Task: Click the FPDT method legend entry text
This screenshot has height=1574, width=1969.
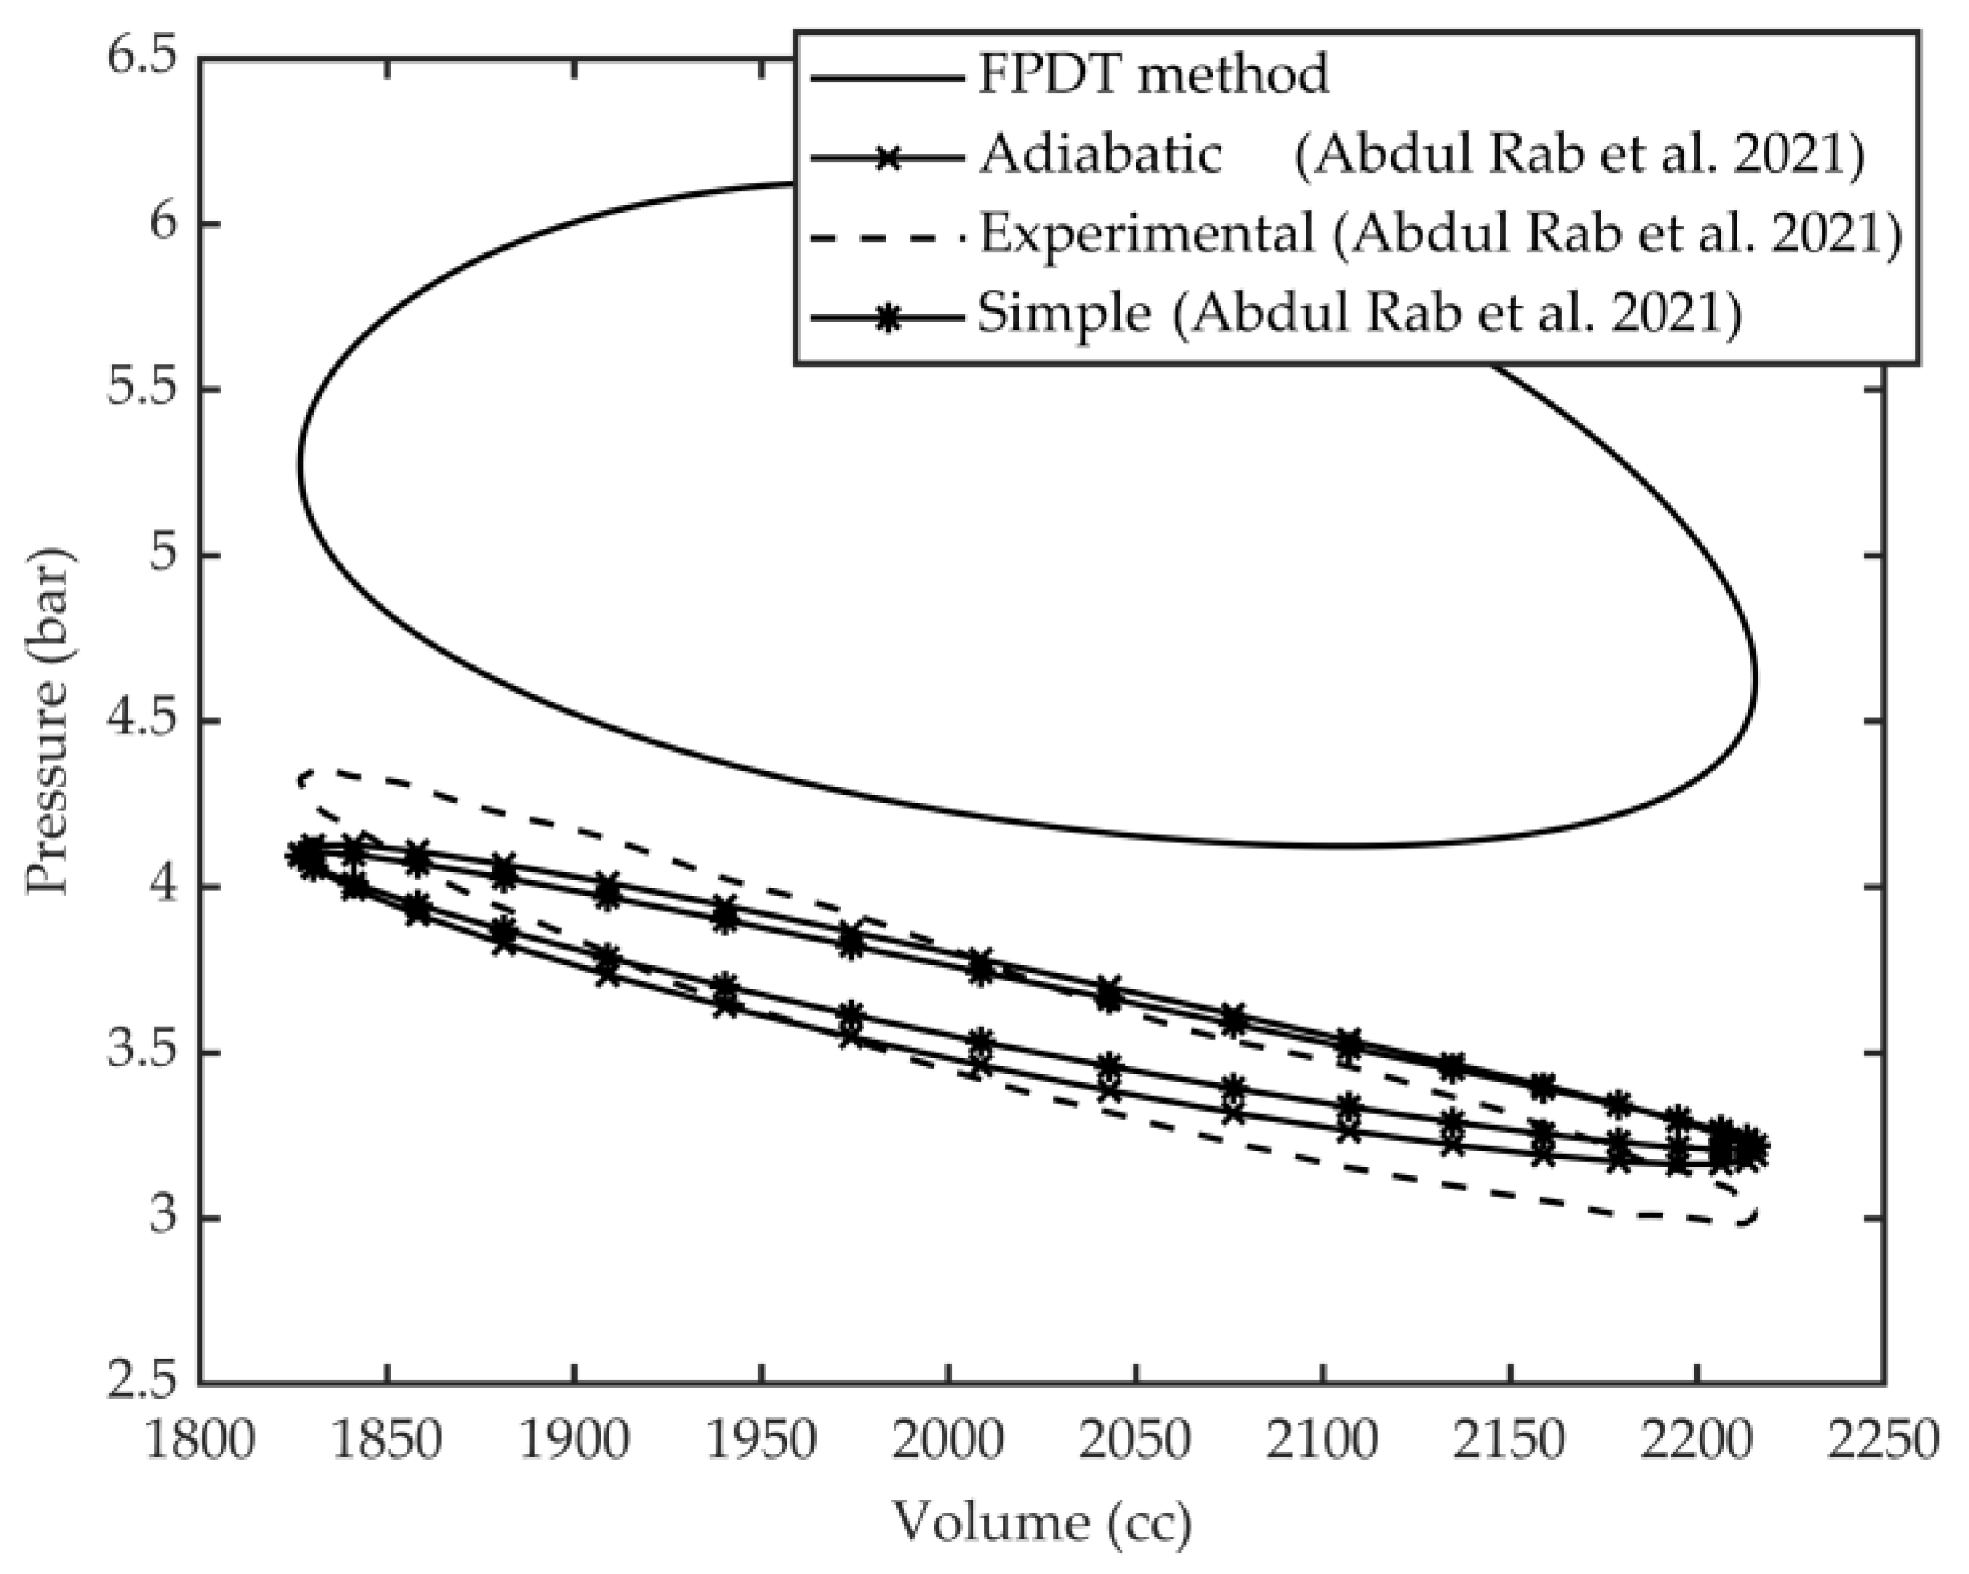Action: tap(1152, 74)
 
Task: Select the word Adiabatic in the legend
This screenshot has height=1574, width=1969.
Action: tap(1100, 153)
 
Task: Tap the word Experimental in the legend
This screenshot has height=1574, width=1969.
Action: tap(1147, 234)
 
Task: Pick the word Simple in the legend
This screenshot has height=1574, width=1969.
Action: tap(1064, 314)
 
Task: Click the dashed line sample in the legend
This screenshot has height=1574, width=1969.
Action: tap(887, 235)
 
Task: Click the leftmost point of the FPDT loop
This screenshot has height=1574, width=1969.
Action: tap(299, 464)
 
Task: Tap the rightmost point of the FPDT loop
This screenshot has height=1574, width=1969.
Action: tap(1756, 678)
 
